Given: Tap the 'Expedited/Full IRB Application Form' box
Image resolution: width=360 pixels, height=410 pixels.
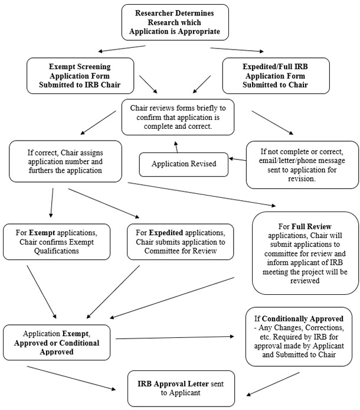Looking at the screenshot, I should (x=275, y=76).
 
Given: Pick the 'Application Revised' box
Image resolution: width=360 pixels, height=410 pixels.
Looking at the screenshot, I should (x=183, y=164).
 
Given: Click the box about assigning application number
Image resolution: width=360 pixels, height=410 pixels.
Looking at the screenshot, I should (x=66, y=160).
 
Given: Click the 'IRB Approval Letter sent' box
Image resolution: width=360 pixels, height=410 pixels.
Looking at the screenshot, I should (x=181, y=388).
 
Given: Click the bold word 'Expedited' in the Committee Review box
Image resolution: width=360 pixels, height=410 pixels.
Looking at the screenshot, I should (x=168, y=232).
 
